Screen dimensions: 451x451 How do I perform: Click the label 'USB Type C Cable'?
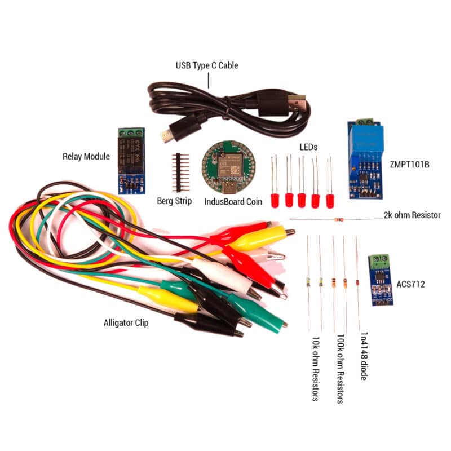206,65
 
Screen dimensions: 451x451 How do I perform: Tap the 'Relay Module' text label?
86,156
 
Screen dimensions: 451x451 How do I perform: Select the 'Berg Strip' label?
175,201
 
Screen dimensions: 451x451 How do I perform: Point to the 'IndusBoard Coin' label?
233,201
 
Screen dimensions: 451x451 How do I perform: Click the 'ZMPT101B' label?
409,165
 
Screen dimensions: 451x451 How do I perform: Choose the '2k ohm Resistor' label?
412,215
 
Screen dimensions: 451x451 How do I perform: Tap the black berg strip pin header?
180,172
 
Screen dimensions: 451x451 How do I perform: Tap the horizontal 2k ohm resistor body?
339,219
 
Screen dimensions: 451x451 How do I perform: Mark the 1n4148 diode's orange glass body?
357,282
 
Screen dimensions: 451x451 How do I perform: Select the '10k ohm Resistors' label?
316,369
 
